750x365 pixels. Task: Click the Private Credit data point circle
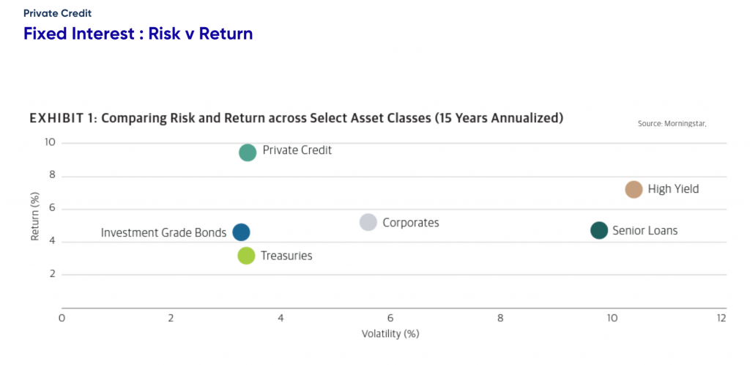[x=248, y=152]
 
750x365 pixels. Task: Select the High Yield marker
[x=634, y=189]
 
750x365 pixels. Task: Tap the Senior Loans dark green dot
[x=599, y=231]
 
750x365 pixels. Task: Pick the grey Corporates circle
[x=368, y=222]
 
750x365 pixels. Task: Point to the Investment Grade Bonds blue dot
[x=241, y=232]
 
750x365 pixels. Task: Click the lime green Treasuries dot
[x=246, y=256]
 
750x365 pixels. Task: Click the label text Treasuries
[x=286, y=256]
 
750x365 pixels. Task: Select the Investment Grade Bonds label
[x=163, y=233]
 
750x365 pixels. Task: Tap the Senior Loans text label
[x=645, y=231]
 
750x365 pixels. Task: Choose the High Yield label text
[x=674, y=189]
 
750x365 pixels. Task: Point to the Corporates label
[x=411, y=222]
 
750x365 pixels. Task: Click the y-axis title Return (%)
[x=35, y=217]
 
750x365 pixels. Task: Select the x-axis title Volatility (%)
[x=390, y=334]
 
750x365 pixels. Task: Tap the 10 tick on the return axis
[x=50, y=143]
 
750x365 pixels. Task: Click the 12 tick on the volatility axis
[x=721, y=318]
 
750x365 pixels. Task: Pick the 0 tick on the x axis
[x=62, y=318]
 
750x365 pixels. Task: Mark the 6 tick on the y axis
[x=52, y=209]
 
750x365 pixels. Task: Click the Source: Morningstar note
[x=672, y=123]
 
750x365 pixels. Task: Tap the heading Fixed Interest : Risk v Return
[x=138, y=34]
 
